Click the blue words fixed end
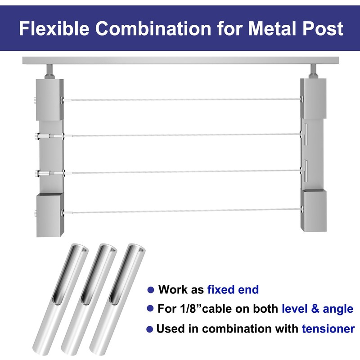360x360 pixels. coord(233,289)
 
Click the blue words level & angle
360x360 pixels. coord(317,309)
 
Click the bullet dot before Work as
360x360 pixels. coord(151,290)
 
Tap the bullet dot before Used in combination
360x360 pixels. coord(151,329)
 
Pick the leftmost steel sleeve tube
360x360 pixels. coord(73,297)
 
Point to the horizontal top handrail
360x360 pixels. coord(180,60)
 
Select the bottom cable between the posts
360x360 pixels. coord(180,212)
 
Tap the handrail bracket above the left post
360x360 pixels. coord(49,71)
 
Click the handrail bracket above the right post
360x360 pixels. coord(312,71)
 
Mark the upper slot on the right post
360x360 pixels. coord(305,135)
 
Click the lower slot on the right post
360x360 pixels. coord(305,171)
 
